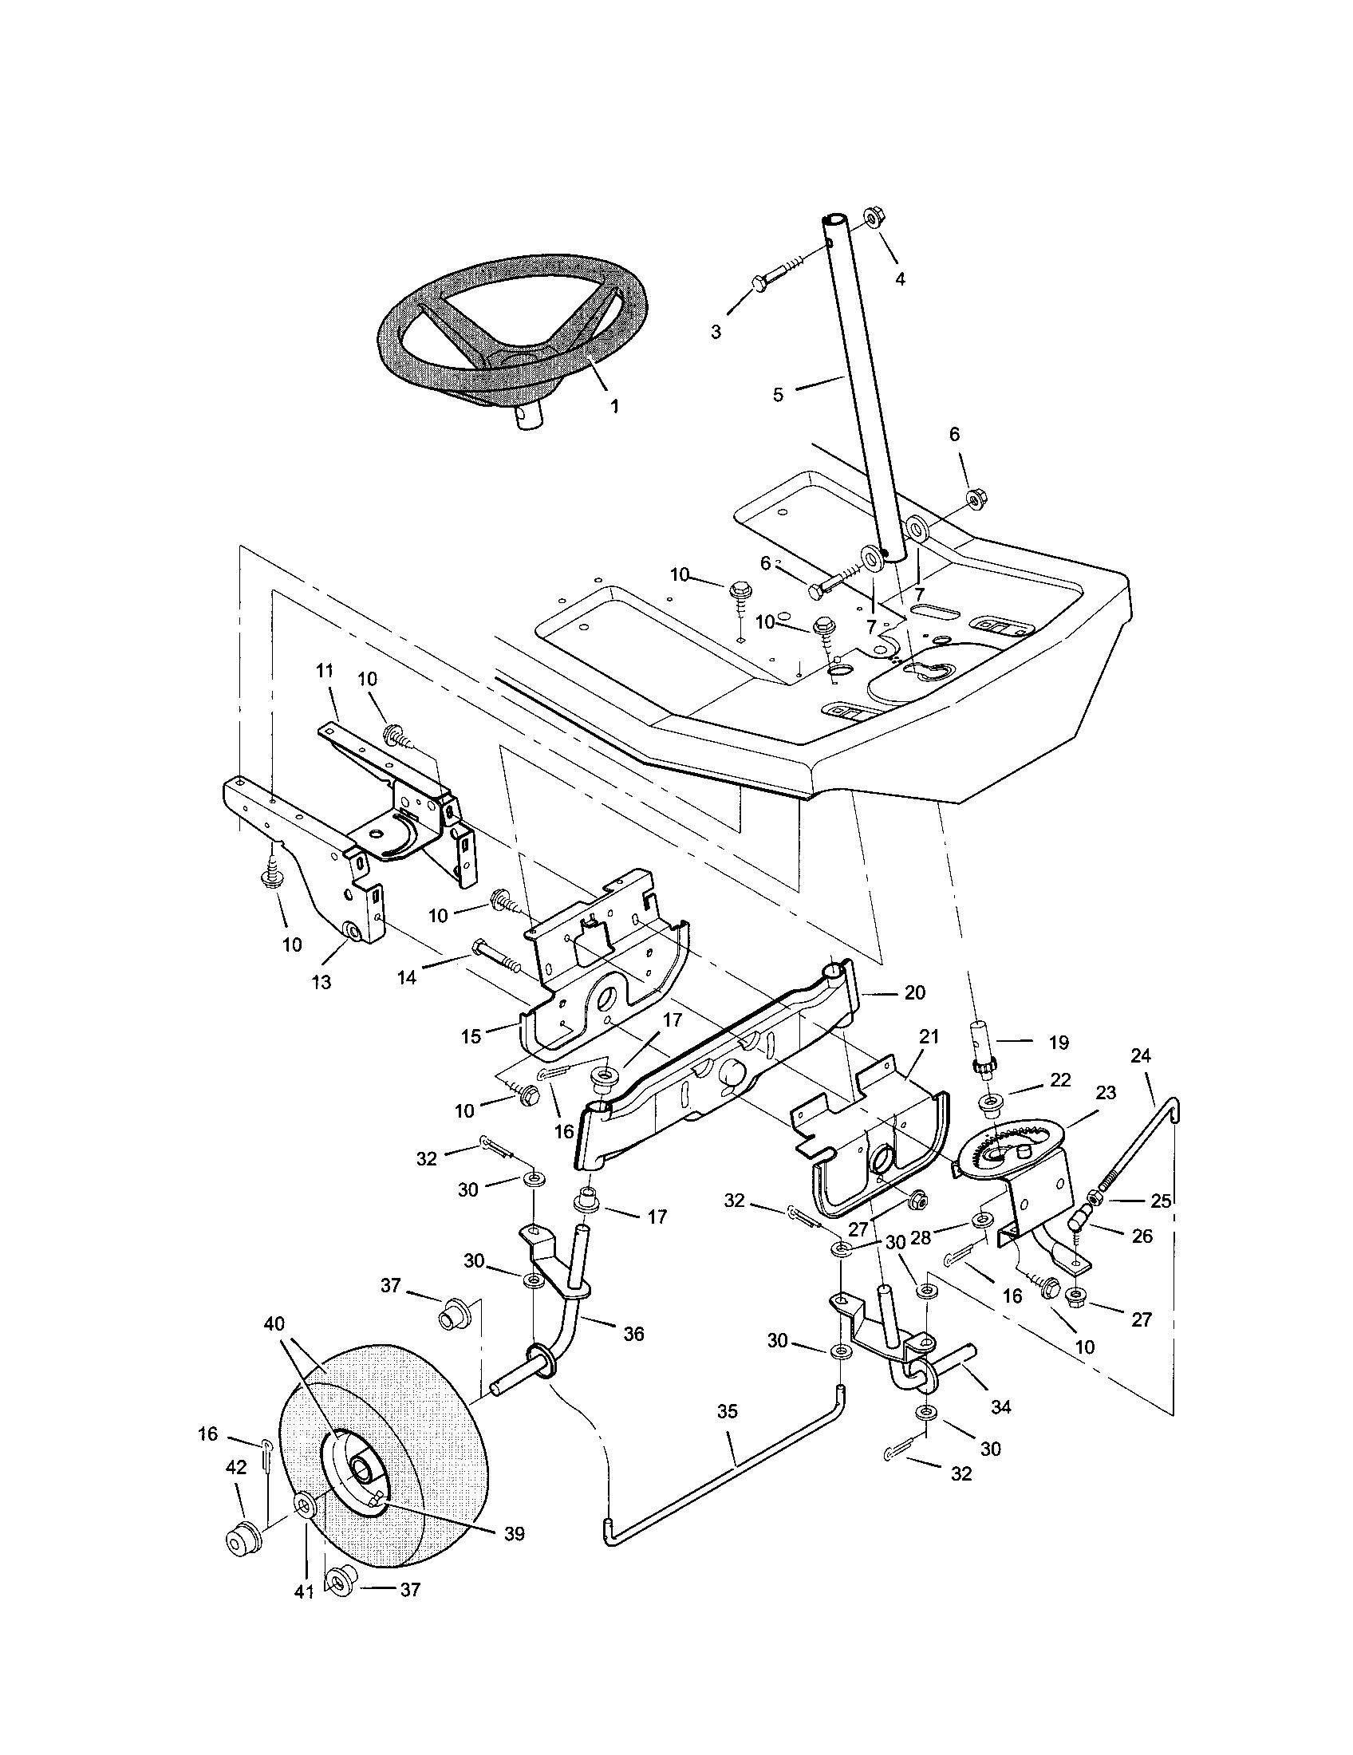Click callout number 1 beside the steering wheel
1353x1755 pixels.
[614, 407]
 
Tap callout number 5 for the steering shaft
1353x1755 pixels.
[777, 396]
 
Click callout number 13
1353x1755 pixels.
[321, 982]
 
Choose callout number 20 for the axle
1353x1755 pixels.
[915, 992]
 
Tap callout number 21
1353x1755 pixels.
[929, 1037]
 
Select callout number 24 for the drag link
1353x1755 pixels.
[1141, 1056]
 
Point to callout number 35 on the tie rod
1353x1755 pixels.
[727, 1412]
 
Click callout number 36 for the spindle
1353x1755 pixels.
[634, 1334]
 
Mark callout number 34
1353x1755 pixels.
[1001, 1407]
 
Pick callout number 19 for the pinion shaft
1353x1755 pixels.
[1058, 1043]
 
